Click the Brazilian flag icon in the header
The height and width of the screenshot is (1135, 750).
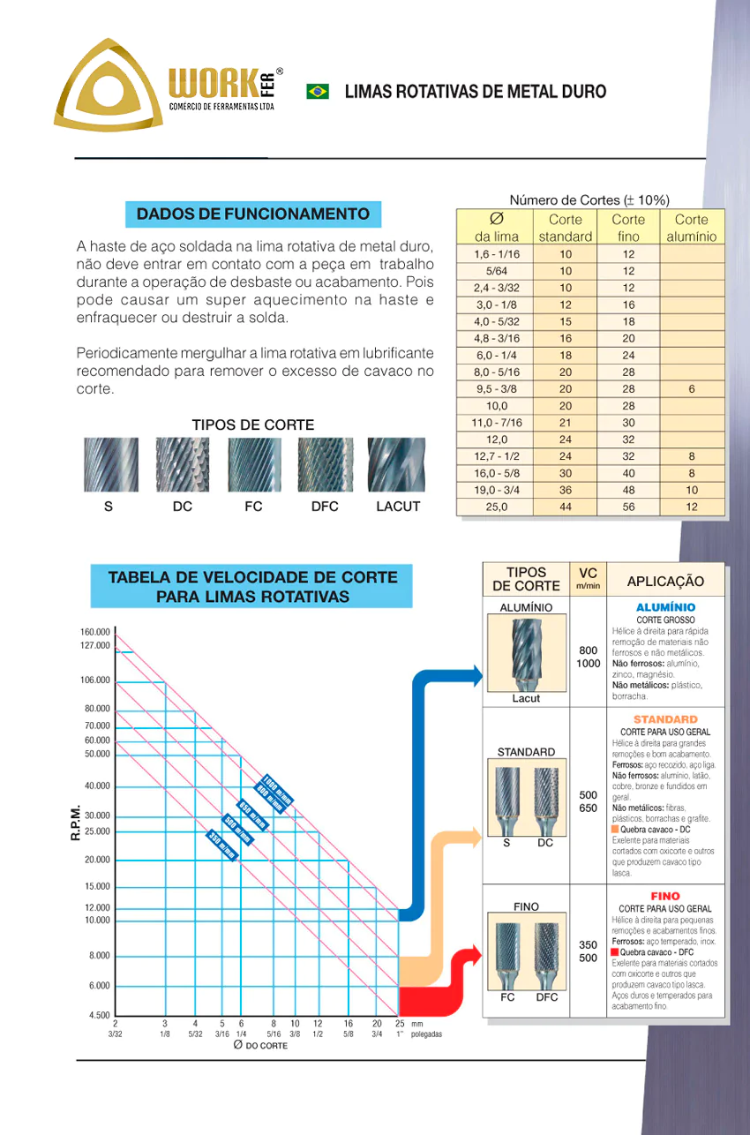[318, 91]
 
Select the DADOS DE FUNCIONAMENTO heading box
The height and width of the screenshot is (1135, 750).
[253, 214]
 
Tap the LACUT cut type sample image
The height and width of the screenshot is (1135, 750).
[396, 465]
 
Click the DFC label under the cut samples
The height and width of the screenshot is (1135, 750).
[325, 507]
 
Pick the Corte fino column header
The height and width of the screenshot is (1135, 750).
[628, 228]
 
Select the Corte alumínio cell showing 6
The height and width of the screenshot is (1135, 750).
[692, 388]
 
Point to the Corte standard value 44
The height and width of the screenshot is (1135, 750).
[566, 507]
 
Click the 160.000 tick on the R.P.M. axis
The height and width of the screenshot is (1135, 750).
[94, 632]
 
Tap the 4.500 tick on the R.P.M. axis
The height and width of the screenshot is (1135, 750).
[99, 1015]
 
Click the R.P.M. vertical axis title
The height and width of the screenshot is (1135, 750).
[76, 822]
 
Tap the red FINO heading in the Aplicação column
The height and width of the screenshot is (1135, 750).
[665, 897]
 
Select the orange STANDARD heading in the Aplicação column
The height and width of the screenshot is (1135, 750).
[665, 719]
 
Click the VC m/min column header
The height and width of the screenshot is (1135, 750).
[588, 578]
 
